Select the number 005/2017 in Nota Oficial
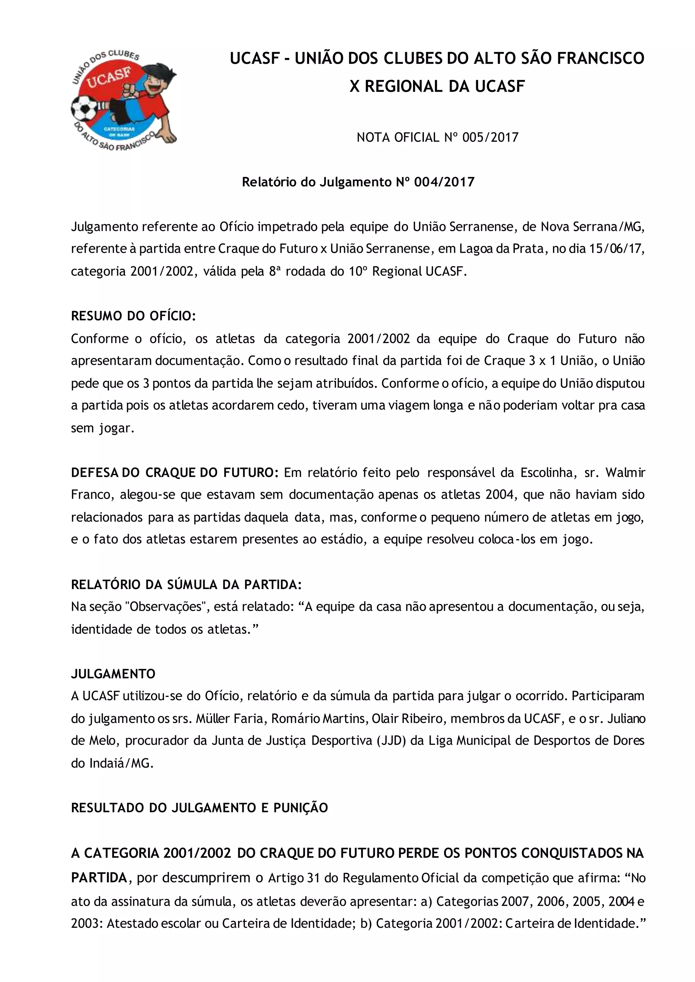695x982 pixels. click(x=490, y=138)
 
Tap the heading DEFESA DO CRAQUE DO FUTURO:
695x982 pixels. click(x=175, y=473)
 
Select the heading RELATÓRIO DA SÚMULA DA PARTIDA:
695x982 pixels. click(x=187, y=585)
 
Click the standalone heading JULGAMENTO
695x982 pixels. click(x=113, y=674)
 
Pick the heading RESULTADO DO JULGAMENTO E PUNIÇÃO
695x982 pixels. click(x=200, y=808)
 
